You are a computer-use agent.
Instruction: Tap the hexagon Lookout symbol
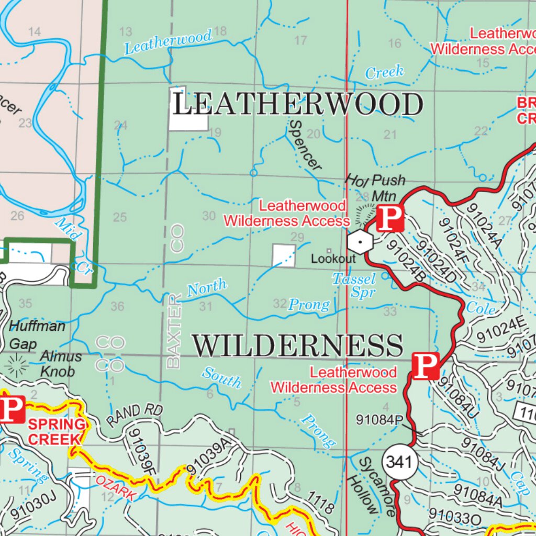[x=360, y=241]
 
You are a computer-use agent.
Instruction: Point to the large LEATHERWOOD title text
[x=297, y=105]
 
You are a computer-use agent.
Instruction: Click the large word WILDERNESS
[x=297, y=347]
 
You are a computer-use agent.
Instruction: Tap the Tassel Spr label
[x=354, y=285]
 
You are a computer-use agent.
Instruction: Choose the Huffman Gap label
[x=37, y=334]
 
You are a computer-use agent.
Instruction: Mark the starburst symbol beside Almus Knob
[x=17, y=365]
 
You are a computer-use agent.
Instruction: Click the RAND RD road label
[x=134, y=415]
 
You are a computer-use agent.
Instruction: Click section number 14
[x=35, y=32]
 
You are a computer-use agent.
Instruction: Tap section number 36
[x=117, y=306]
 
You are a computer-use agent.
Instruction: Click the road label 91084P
[x=379, y=420]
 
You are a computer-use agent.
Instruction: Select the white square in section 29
[x=284, y=255]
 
